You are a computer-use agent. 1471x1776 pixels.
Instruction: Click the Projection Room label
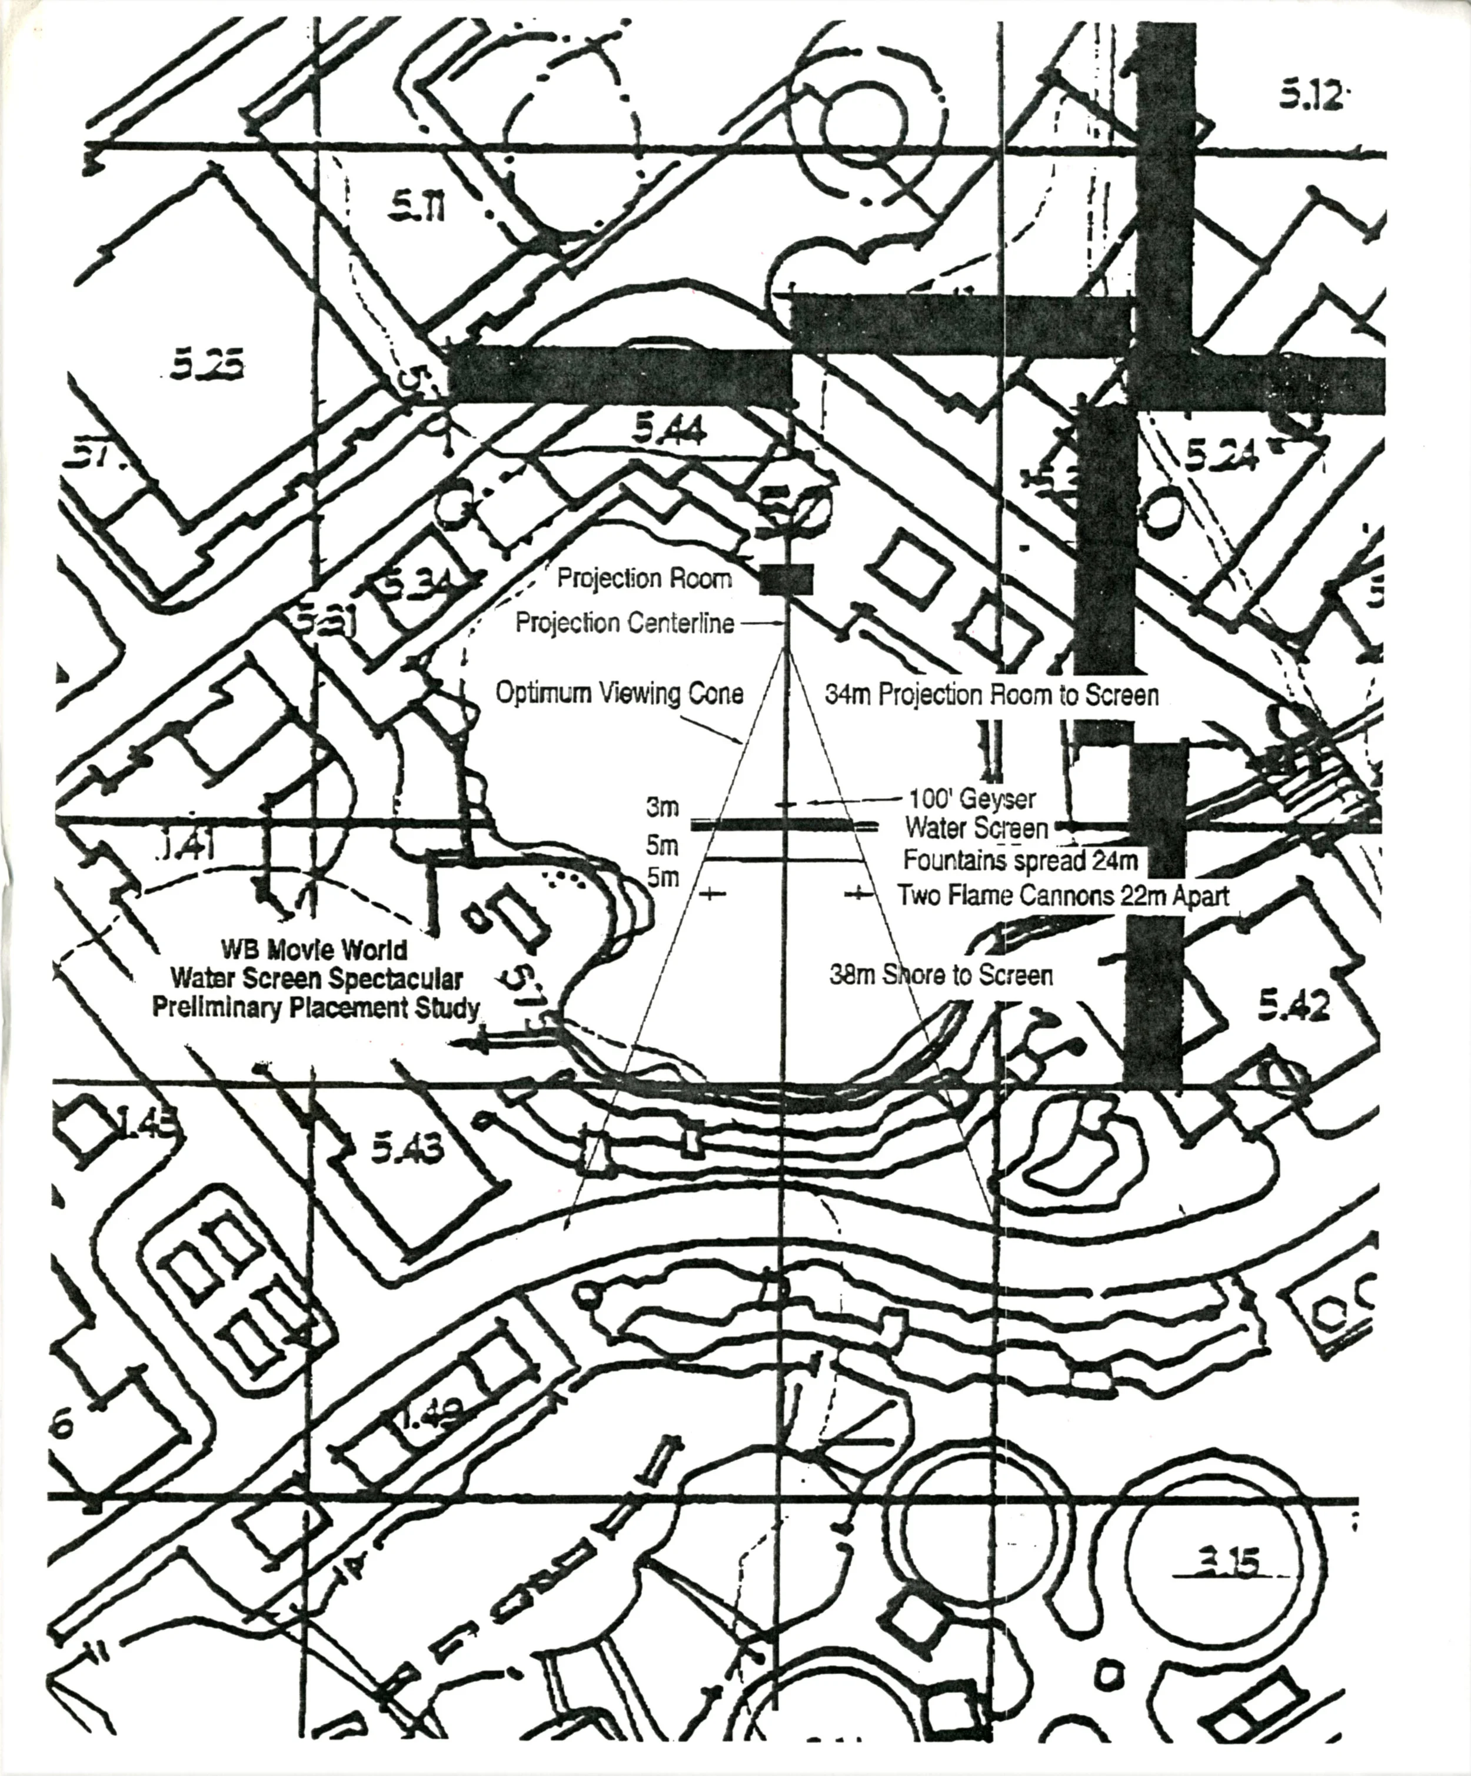pos(644,579)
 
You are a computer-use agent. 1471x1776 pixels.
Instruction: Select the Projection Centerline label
pos(625,624)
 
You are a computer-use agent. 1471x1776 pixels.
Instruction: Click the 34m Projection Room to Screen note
pos(991,695)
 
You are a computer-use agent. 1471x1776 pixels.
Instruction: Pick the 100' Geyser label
pos(972,798)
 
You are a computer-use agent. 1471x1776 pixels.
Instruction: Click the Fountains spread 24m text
pos(1020,861)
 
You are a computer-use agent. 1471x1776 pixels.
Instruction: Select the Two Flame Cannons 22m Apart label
pos(1063,895)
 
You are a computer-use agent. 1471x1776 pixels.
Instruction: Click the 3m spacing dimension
pos(663,808)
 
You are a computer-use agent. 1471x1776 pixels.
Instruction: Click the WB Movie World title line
pos(314,950)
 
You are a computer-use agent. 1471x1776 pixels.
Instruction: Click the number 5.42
pos(1293,1005)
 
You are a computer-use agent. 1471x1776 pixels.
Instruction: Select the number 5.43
pos(407,1148)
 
